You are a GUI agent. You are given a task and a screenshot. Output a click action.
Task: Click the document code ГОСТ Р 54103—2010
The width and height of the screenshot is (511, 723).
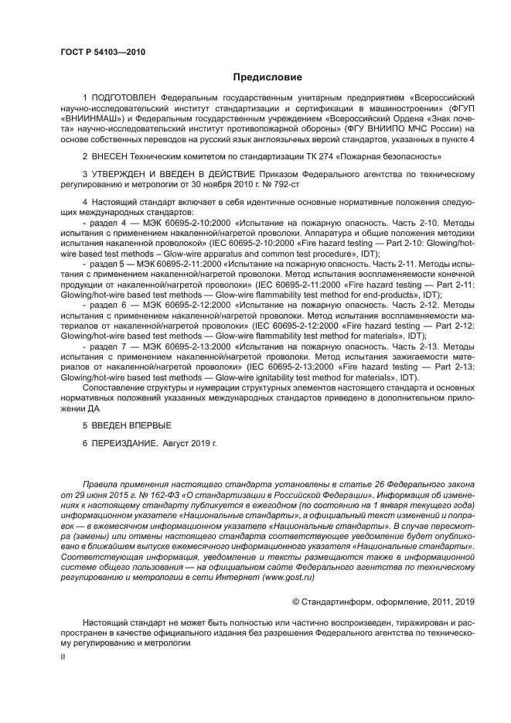[x=103, y=52]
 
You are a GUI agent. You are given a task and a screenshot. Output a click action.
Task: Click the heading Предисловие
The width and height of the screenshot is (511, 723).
[x=267, y=77]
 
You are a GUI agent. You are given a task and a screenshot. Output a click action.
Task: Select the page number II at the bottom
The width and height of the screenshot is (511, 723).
[x=63, y=656]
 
